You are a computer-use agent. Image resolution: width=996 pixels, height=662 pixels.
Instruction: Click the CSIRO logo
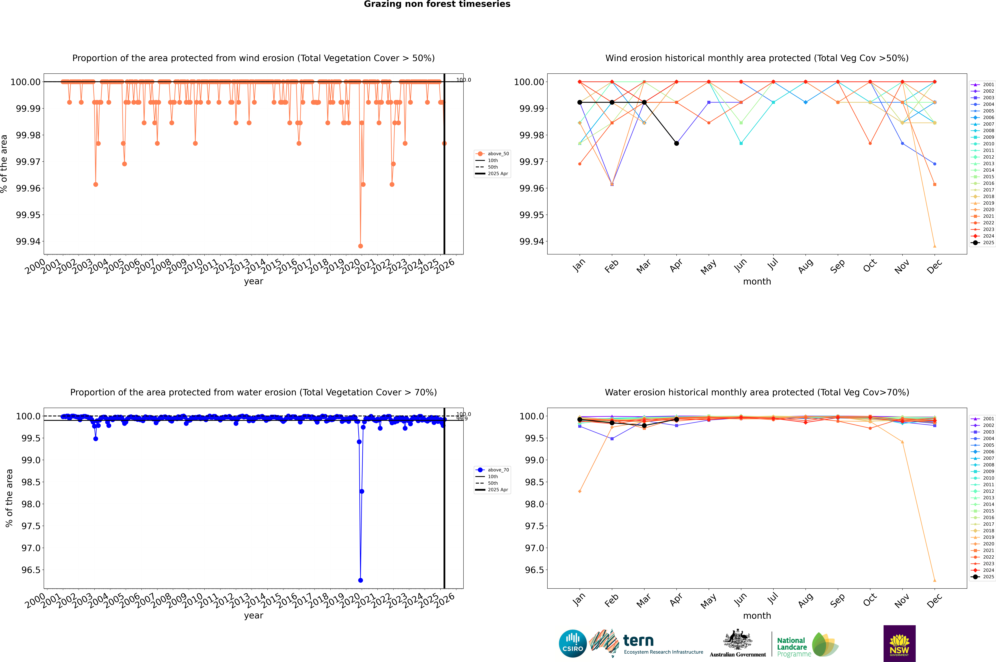point(572,643)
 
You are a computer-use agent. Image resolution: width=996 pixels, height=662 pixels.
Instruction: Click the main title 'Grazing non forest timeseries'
point(437,4)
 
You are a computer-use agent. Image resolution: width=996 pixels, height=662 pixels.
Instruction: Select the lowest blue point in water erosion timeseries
point(360,580)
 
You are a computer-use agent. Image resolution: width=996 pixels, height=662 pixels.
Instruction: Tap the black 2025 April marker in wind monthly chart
point(676,144)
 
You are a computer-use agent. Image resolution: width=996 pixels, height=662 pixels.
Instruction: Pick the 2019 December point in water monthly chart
point(934,580)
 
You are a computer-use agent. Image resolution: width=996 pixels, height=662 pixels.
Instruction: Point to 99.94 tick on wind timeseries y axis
point(28,242)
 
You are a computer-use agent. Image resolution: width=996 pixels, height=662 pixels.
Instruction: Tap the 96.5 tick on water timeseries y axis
point(31,570)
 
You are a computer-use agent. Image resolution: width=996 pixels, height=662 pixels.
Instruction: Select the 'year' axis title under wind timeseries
point(253,281)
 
